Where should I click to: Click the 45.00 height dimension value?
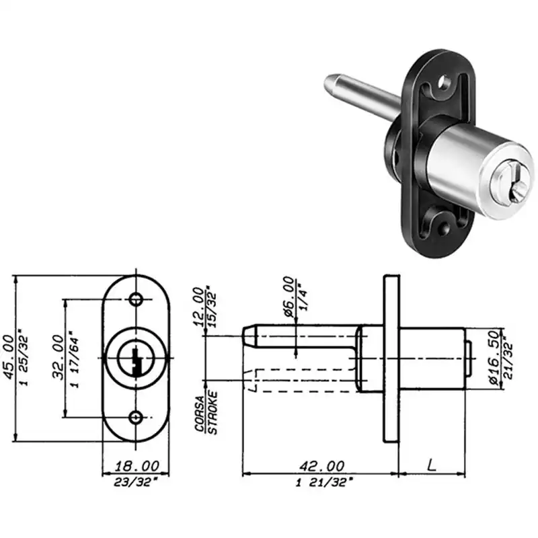(9, 358)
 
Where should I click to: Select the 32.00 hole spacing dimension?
(59, 358)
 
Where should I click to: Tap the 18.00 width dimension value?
(137, 466)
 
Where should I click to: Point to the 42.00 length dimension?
(322, 466)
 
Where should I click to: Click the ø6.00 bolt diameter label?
(289, 297)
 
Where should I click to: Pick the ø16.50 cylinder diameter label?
(494, 358)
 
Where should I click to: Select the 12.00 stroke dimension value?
(198, 307)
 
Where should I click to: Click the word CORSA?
(199, 414)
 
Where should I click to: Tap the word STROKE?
(213, 413)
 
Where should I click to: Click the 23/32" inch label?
(137, 482)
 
